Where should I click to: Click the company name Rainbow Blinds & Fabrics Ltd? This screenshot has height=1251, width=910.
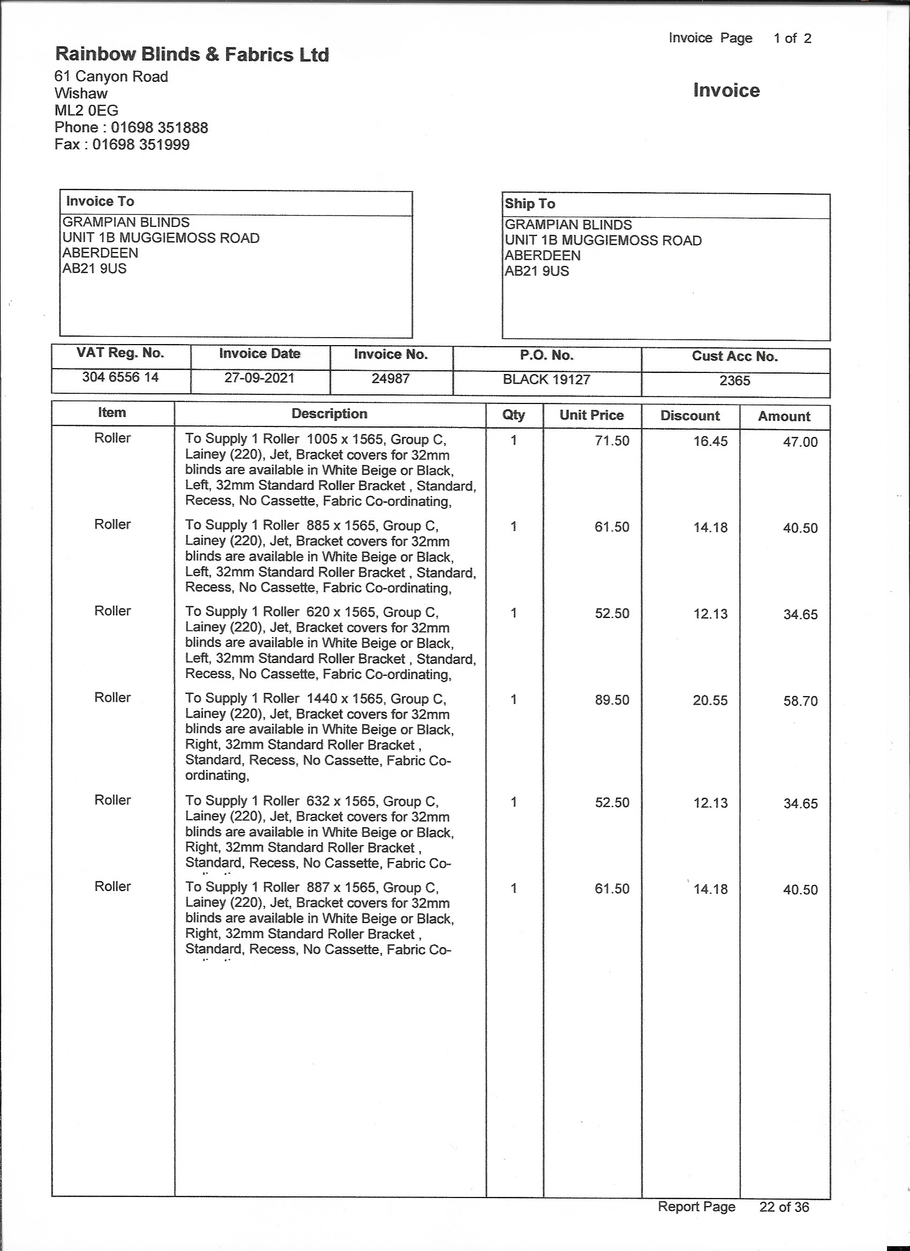tap(192, 55)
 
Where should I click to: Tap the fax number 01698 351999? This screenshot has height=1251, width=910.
tap(141, 145)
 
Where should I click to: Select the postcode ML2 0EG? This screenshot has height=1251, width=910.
tap(86, 111)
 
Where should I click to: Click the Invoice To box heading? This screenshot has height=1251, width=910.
tap(100, 201)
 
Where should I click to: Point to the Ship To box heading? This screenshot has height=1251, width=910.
tap(530, 203)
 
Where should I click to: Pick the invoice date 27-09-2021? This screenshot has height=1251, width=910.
tap(259, 378)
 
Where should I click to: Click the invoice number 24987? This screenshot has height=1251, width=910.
tap(390, 379)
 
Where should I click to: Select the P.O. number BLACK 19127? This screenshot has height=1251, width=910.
tap(547, 379)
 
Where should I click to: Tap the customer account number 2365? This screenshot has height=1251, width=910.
tap(734, 380)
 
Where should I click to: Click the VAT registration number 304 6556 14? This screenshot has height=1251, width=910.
tap(120, 377)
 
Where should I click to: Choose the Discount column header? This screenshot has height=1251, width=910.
tap(690, 416)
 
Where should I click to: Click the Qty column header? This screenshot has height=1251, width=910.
tap(513, 415)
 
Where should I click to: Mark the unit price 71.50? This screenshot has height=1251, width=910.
tap(611, 441)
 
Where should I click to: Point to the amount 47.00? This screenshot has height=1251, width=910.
tap(800, 443)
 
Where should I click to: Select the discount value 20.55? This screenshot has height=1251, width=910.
tap(710, 700)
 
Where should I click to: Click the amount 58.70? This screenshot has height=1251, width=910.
tap(800, 701)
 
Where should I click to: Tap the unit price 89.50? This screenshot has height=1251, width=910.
tap(611, 700)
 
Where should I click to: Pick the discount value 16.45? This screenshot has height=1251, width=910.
tap(710, 441)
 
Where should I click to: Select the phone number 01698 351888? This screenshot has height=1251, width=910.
tap(160, 128)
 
